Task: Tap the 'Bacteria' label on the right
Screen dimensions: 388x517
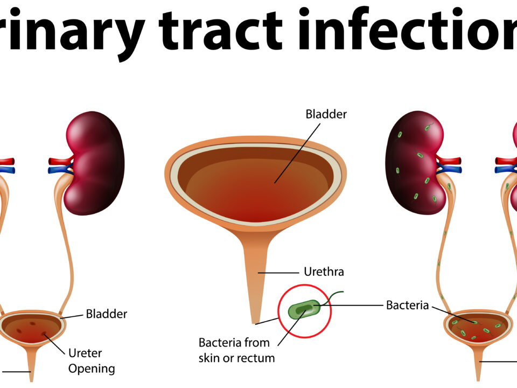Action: pyautogui.click(x=407, y=306)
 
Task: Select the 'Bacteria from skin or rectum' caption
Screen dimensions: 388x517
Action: pyautogui.click(x=236, y=350)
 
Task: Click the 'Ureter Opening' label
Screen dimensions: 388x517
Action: pyautogui.click(x=92, y=361)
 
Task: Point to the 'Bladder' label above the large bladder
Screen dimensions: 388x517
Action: pyautogui.click(x=326, y=114)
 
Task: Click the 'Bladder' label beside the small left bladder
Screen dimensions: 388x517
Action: pyautogui.click(x=107, y=314)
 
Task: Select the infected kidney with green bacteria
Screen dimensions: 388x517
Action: pyautogui.click(x=415, y=162)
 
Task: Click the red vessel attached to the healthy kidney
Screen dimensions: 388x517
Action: pyautogui.click(x=58, y=161)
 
